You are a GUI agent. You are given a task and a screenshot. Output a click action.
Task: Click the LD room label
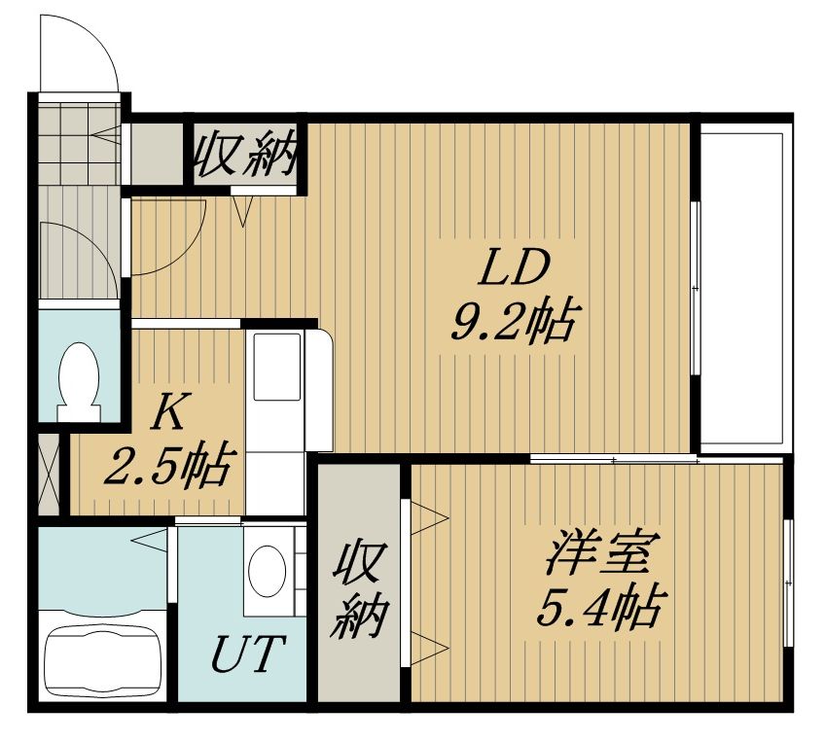click(513, 268)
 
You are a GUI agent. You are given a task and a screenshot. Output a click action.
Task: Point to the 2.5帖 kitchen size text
click(167, 466)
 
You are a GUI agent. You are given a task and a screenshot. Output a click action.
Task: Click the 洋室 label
click(596, 553)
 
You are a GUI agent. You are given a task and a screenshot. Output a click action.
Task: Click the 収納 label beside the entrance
click(244, 154)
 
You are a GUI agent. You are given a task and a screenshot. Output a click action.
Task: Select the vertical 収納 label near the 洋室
click(359, 589)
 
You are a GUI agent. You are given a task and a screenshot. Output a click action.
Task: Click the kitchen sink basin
click(276, 367)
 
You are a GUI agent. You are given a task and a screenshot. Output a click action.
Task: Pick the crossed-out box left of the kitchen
click(50, 475)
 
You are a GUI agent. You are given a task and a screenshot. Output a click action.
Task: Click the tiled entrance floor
click(80, 143)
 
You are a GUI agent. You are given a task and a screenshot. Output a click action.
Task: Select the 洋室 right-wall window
click(788, 583)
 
